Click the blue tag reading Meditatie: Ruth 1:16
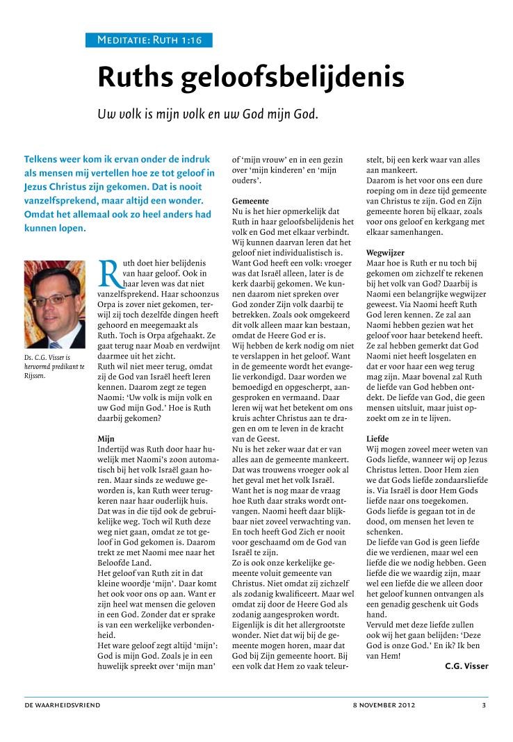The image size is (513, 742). pos(149,40)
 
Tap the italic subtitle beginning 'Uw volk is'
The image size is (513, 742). pos(208,113)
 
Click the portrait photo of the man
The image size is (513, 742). pos(54,304)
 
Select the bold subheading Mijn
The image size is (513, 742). pos(105,438)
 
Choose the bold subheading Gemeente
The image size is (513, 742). pos(252,200)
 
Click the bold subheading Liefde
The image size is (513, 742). pos(378,439)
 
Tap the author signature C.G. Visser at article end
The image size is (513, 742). pos(466,666)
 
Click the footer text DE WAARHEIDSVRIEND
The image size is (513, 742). pos(62,705)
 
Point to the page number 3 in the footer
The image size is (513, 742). pos(484,705)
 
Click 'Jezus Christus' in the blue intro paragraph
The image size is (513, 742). pos(55,187)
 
